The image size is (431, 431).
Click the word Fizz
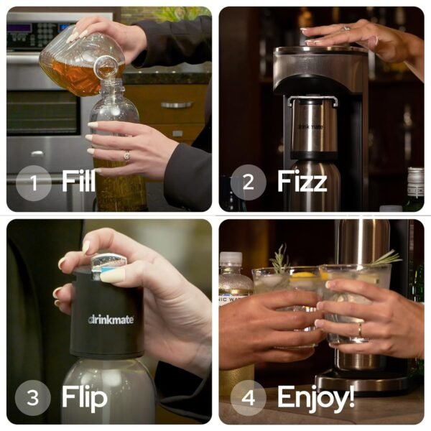click(302, 182)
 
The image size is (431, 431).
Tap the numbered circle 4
click(248, 397)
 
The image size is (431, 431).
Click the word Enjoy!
click(315, 397)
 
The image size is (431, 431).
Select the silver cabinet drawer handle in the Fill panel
click(177, 105)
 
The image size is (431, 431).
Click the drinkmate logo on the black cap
click(111, 319)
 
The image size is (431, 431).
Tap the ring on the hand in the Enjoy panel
click(359, 330)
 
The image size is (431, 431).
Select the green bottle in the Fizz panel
click(414, 190)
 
